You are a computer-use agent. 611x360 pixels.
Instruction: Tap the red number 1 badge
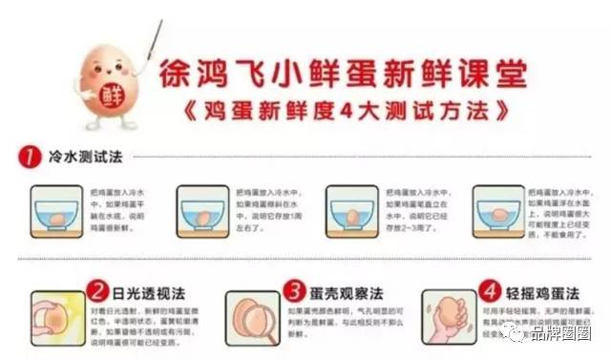(x=31, y=156)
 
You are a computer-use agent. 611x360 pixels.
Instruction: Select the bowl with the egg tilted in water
(x=203, y=212)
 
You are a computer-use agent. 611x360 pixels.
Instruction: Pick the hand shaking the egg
(x=449, y=325)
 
